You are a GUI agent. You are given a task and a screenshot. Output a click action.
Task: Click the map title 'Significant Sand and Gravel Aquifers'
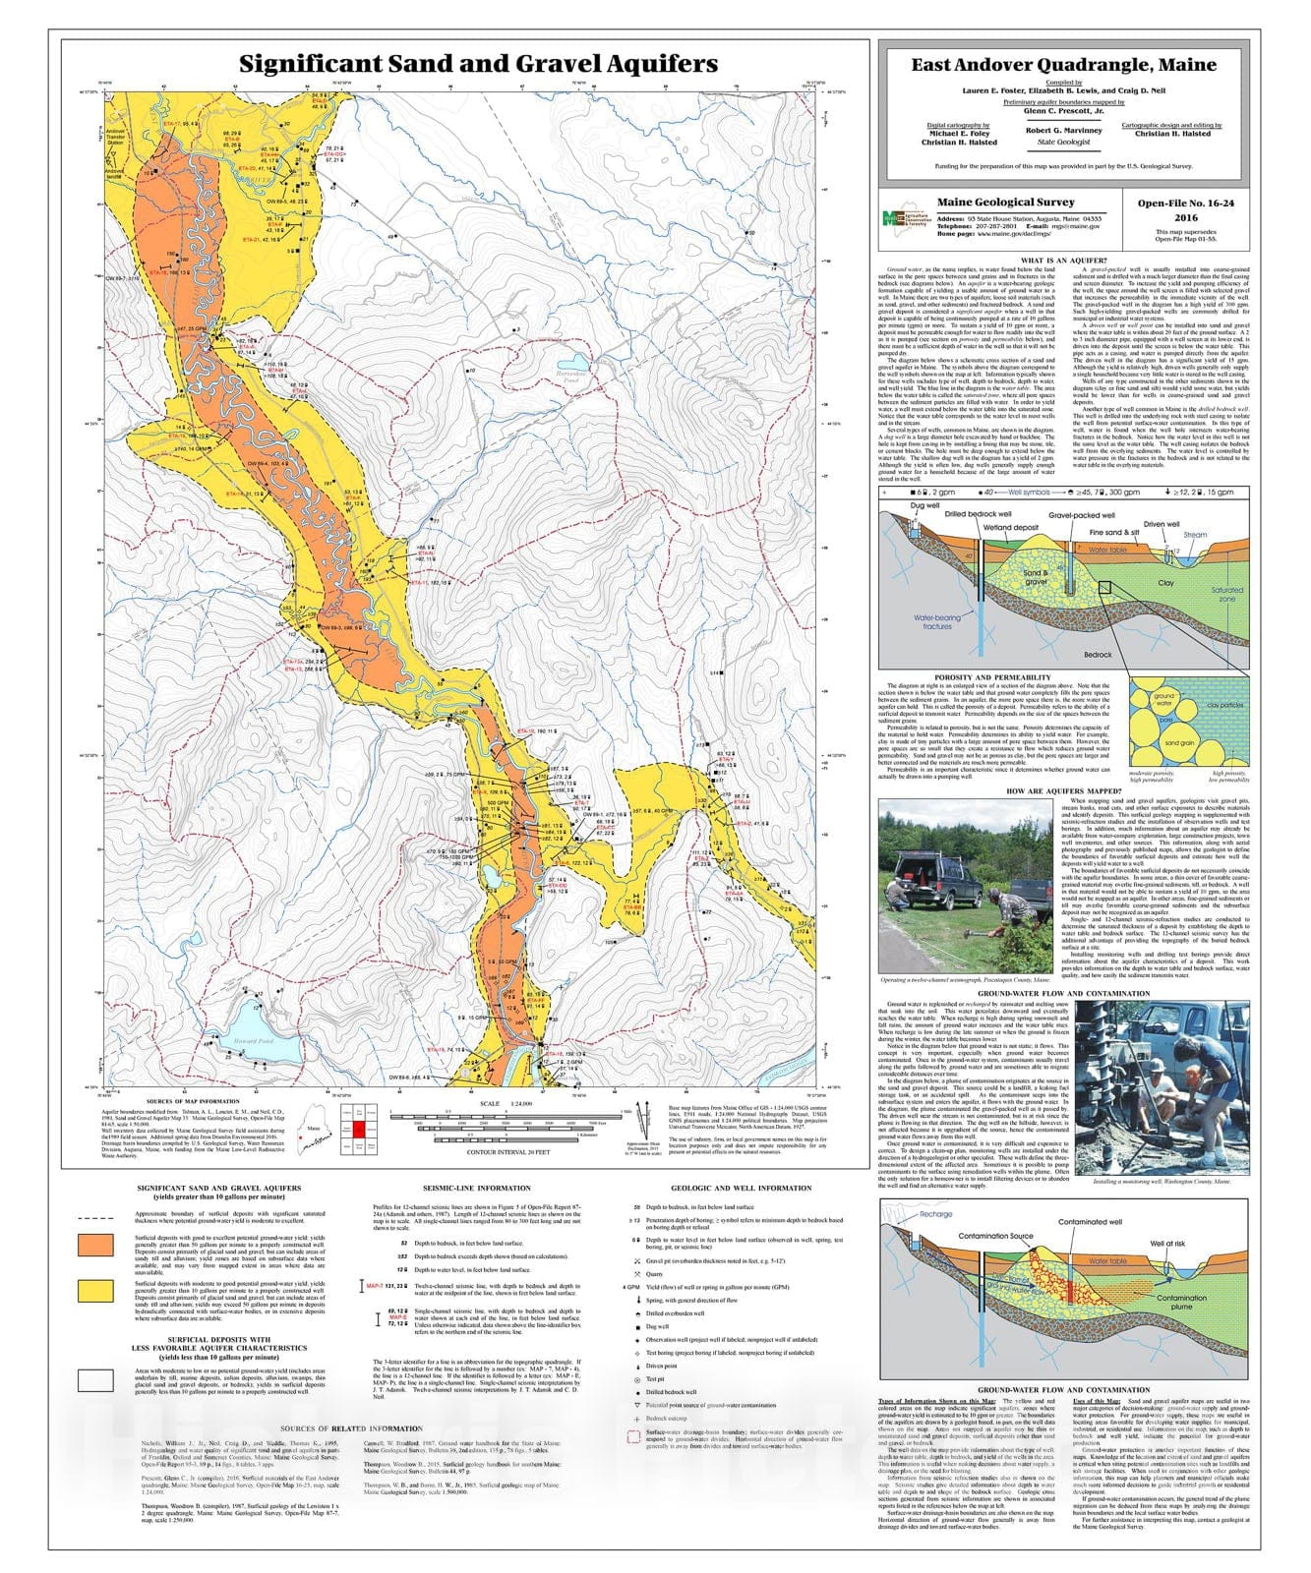tap(478, 64)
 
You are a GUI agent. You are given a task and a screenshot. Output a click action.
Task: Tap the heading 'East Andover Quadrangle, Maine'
tap(1063, 65)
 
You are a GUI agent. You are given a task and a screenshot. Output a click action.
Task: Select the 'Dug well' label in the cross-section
tap(924, 506)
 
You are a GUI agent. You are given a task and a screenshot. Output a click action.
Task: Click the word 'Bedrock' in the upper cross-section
tap(1098, 654)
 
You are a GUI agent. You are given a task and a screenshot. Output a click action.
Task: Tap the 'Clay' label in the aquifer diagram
tap(1164, 583)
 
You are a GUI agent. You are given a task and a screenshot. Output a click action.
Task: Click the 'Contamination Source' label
tap(995, 1236)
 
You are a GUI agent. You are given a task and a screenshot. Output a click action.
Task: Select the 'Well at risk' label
tap(1169, 1244)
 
